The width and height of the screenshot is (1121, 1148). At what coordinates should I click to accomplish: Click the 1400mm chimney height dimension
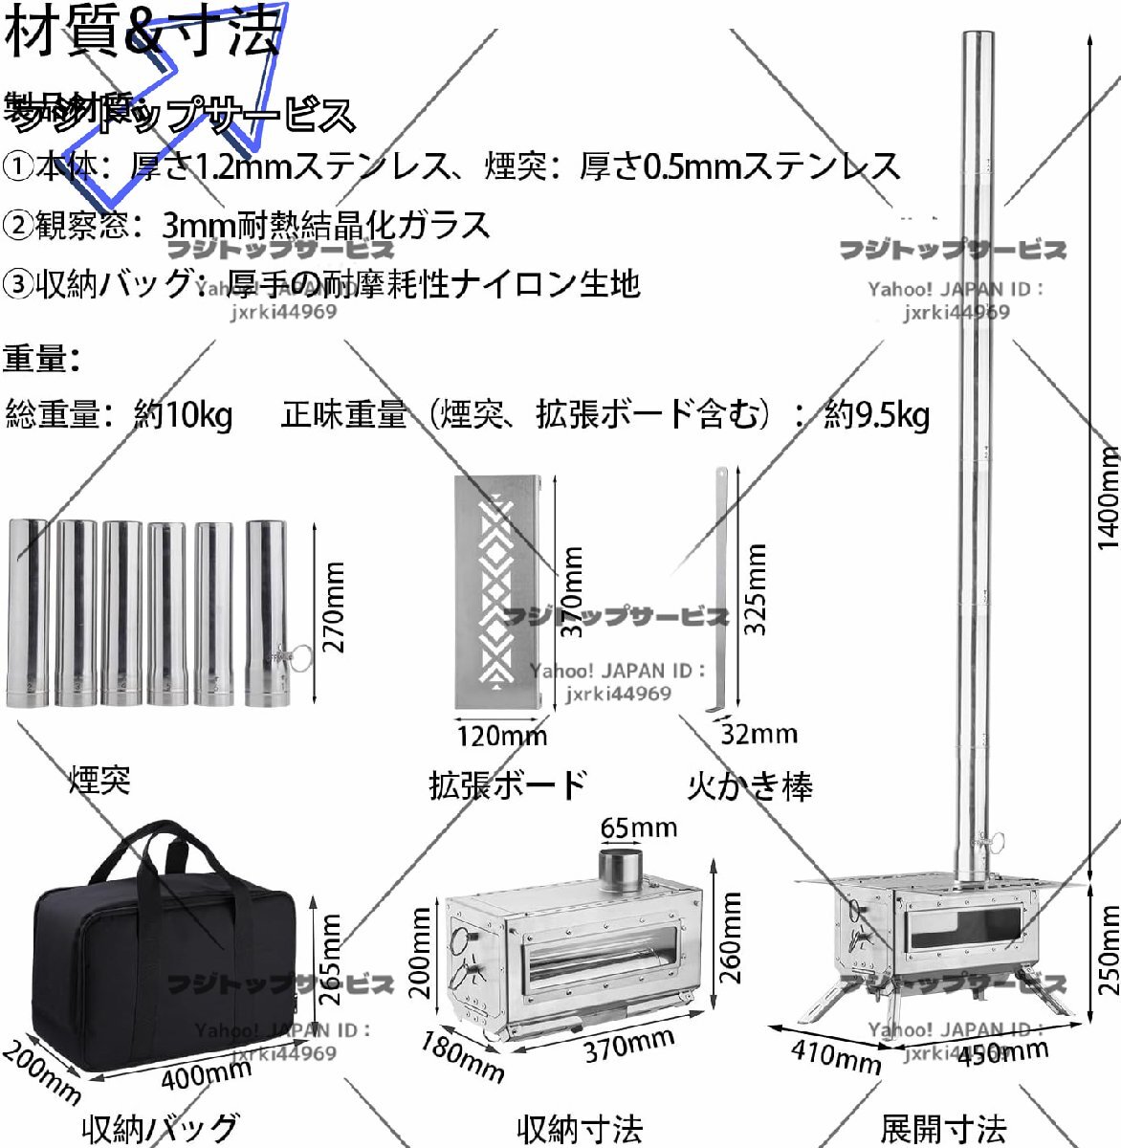[x=1106, y=497]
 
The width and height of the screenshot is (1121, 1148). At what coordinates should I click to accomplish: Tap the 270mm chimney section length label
[x=333, y=607]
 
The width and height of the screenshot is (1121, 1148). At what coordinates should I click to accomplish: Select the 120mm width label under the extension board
[x=501, y=735]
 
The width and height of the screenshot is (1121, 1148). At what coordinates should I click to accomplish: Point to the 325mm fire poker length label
[x=756, y=588]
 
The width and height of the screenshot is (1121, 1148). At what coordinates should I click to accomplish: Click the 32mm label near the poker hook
[x=758, y=734]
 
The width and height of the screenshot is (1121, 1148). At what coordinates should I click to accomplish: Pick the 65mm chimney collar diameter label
[x=638, y=828]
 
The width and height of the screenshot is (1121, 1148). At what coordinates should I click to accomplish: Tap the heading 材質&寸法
[x=143, y=31]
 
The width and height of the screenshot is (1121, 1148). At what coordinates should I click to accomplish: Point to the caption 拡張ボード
[x=507, y=784]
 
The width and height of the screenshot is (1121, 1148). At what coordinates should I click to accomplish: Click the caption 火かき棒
[x=750, y=786]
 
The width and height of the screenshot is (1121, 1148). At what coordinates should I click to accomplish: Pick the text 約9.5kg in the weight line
[x=876, y=414]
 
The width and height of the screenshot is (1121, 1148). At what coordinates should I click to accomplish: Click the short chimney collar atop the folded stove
[x=622, y=868]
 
